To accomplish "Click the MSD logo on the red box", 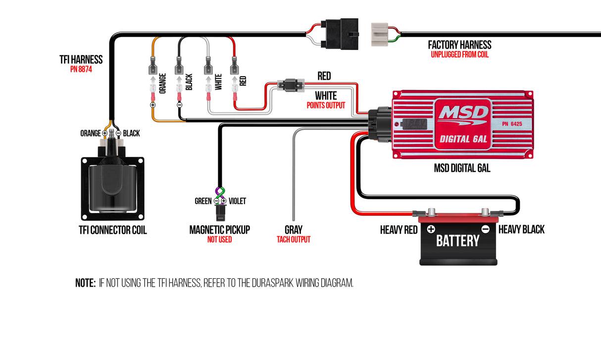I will tap(462, 113).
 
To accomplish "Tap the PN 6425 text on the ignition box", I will tap(512, 123).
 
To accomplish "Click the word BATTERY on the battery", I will tap(457, 241).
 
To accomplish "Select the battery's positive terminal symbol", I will tap(431, 229).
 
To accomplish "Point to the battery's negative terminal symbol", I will tap(486, 229).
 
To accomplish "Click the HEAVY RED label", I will tap(399, 230).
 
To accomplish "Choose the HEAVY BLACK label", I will tap(521, 229).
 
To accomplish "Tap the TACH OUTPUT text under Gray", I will tap(294, 240).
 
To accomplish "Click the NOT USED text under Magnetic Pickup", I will tap(219, 240).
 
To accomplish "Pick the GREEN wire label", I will tap(203, 201).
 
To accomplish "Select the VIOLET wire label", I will tap(237, 201).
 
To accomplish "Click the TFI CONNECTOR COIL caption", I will tap(113, 230).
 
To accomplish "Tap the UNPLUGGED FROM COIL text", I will tap(459, 54).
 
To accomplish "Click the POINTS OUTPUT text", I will tap(326, 105).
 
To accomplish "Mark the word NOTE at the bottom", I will tap(85, 283).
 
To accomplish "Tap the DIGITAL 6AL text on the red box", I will tap(463, 139).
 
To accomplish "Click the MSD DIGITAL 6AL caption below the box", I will tap(462, 168).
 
